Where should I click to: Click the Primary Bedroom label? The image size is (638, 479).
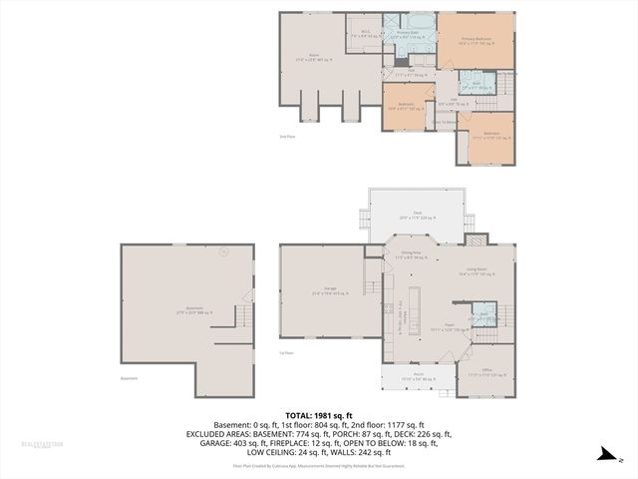point(476,41)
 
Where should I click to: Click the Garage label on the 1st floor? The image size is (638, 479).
point(329,290)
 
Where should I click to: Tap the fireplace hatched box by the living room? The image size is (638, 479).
point(478,239)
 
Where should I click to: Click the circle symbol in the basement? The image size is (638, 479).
point(224,251)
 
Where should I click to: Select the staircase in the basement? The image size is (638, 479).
point(242,318)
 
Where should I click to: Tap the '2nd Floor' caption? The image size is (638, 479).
point(287,137)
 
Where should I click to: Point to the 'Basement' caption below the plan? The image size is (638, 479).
point(129,378)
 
